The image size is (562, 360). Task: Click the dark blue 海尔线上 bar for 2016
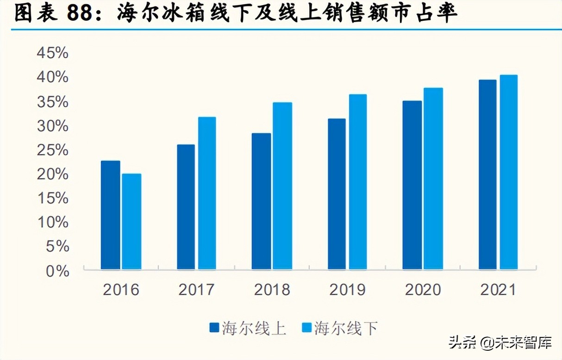click(110, 215)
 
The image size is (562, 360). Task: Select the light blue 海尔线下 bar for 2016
click(131, 221)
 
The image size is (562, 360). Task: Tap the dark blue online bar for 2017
click(186, 207)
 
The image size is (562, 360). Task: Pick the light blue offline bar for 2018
click(282, 186)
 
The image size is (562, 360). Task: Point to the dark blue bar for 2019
click(337, 194)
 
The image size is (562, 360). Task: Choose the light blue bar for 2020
click(433, 179)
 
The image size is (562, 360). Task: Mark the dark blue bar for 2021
click(487, 174)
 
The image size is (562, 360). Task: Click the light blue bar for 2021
click(509, 172)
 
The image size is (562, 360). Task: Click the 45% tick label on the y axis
click(52, 53)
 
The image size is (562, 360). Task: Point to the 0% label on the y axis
click(57, 271)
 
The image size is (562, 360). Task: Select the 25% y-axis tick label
click(52, 150)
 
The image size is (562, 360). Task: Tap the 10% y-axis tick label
click(52, 223)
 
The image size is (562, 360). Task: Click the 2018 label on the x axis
click(272, 290)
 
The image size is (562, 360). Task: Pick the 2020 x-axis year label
click(423, 290)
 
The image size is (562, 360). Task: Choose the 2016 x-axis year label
click(121, 290)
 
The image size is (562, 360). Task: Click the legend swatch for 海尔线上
click(214, 328)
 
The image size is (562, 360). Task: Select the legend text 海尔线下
click(346, 329)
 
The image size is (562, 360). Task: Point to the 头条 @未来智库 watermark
click(500, 343)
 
